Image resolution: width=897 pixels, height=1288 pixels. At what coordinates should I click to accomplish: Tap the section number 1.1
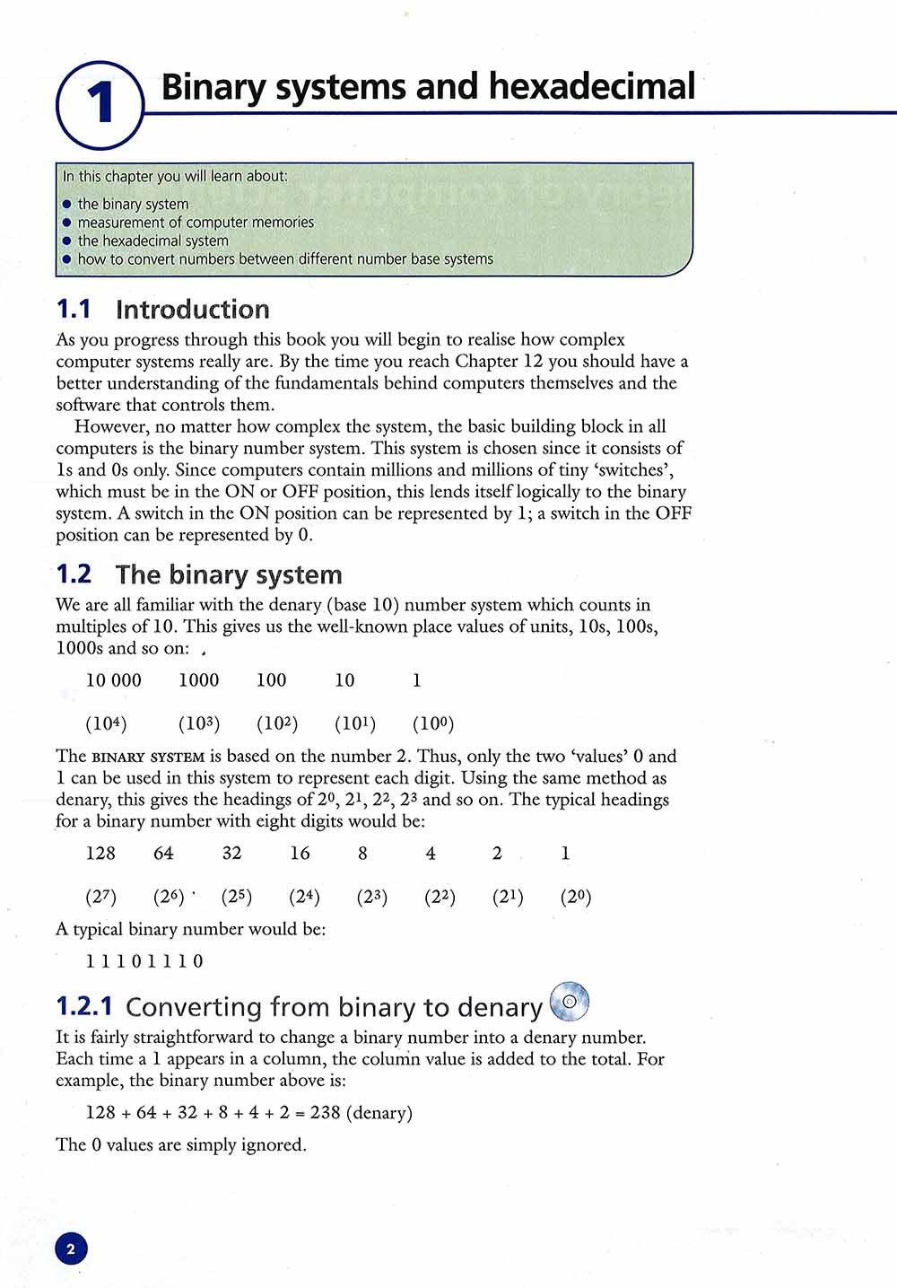[74, 310]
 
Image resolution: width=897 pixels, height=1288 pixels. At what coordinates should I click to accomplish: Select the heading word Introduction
[193, 310]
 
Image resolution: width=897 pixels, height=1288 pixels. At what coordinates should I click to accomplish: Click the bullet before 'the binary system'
[66, 205]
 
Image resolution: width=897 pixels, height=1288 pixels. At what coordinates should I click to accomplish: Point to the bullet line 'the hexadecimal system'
[152, 241]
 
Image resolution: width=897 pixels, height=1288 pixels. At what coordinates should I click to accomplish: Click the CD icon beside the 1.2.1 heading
[569, 1001]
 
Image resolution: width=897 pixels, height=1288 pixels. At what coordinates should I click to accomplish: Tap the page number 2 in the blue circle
[72, 1249]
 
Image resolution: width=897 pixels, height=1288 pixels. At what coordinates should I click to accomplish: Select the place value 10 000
[113, 680]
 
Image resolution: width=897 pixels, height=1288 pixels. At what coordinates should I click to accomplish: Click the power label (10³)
[198, 723]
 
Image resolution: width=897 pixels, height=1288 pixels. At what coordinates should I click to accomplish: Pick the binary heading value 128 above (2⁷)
[100, 854]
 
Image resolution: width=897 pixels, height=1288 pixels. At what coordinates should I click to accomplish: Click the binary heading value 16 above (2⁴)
[300, 854]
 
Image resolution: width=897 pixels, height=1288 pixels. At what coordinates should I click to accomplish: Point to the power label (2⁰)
[576, 897]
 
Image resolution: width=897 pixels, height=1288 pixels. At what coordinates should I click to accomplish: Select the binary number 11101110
[144, 961]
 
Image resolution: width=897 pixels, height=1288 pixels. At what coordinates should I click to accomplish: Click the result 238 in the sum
[325, 1113]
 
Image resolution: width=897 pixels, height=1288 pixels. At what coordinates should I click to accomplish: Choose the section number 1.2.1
[84, 1007]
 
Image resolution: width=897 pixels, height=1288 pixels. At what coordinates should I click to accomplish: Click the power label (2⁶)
[169, 897]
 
